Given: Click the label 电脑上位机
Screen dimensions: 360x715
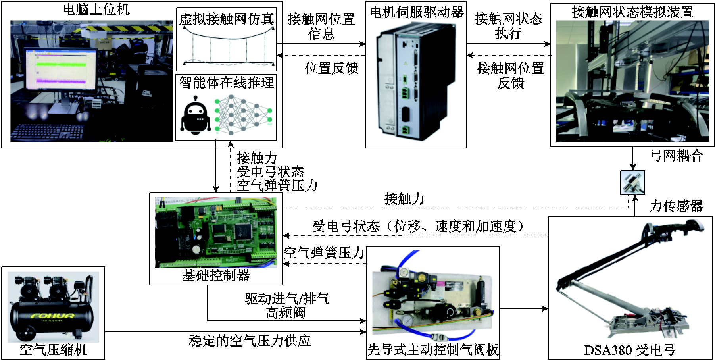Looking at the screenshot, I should click(x=96, y=9).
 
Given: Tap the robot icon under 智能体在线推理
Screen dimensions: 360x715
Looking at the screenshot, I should click(x=195, y=116).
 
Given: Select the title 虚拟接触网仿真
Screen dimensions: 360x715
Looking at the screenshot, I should click(x=226, y=19).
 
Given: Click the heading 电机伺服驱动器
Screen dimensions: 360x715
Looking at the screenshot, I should click(x=416, y=12).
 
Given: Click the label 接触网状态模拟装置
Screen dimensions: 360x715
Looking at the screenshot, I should click(x=632, y=12).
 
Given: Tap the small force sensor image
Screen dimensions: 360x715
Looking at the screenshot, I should click(x=632, y=183).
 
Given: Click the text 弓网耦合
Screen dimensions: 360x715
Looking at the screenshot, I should click(x=677, y=155).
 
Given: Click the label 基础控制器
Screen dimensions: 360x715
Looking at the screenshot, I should click(x=216, y=275).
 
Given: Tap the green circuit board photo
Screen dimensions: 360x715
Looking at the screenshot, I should click(x=216, y=231).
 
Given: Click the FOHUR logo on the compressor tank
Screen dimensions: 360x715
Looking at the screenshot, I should click(x=53, y=316).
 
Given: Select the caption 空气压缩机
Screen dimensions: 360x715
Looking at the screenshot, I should click(x=53, y=350).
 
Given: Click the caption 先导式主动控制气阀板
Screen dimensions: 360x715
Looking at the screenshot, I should click(x=433, y=350).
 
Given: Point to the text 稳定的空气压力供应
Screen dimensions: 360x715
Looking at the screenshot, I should click(x=250, y=341).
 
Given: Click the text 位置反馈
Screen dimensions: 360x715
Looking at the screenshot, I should click(x=331, y=68).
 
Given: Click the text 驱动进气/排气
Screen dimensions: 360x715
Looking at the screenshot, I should click(x=287, y=298).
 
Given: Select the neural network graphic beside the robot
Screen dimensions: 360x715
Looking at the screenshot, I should click(x=243, y=115).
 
